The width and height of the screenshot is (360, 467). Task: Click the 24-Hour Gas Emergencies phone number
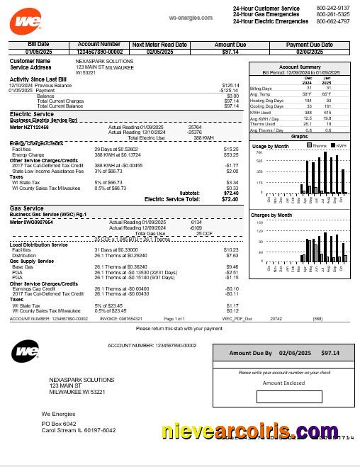[332, 14]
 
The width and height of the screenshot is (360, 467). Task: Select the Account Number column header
[99, 44]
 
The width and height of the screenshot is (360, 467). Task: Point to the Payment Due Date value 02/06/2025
[309, 52]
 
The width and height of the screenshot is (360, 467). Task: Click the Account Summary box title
[300, 67]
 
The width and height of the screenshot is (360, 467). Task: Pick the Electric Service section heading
[31, 114]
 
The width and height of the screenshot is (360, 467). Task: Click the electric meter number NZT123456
[29, 127]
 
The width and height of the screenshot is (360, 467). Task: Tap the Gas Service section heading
[26, 208]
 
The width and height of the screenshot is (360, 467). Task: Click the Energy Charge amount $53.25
[231, 154]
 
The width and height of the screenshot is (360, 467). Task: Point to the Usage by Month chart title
[271, 146]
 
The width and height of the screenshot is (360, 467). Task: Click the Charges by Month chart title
[271, 215]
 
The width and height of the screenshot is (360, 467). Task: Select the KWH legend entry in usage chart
[341, 146]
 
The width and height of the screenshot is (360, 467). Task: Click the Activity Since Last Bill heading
[38, 79]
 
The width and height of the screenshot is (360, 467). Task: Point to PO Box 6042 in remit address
[59, 424]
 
